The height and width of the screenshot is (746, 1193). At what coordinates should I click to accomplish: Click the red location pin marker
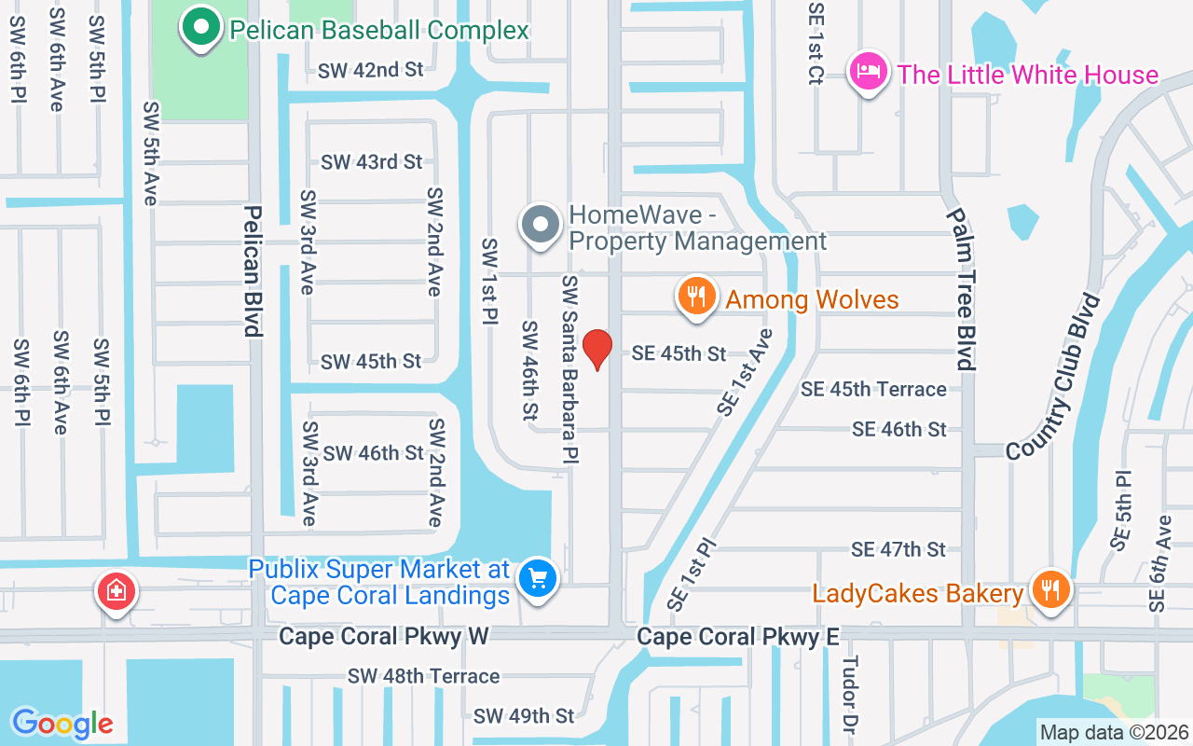click(x=597, y=350)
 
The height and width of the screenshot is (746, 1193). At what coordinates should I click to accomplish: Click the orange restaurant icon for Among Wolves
click(x=696, y=297)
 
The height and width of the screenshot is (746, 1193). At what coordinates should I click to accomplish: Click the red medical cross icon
click(x=117, y=590)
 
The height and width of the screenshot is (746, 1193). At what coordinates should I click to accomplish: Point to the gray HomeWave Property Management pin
click(x=540, y=226)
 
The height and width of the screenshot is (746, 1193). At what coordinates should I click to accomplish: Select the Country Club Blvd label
click(x=1053, y=377)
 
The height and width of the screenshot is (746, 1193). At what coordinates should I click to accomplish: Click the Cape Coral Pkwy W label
click(x=384, y=636)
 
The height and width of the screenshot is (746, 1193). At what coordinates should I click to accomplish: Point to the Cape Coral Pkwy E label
click(x=738, y=636)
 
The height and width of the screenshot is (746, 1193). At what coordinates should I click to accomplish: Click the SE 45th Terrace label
click(x=873, y=389)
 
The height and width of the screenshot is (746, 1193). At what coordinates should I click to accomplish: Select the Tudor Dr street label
click(x=849, y=695)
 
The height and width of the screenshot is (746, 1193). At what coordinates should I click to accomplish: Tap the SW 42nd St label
click(x=370, y=70)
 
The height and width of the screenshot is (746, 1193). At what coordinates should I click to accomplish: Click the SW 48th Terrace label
click(x=424, y=676)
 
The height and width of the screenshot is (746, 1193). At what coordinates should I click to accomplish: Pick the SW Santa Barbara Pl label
click(x=570, y=368)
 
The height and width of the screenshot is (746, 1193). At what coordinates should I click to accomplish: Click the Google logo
click(x=62, y=723)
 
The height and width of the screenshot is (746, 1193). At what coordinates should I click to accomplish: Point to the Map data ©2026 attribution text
click(x=1115, y=732)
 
